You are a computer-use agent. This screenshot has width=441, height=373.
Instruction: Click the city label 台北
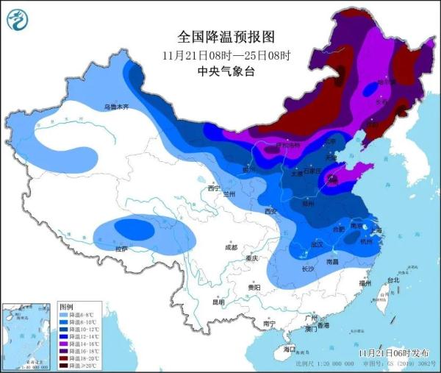392,280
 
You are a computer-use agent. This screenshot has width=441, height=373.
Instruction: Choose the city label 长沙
309,269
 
